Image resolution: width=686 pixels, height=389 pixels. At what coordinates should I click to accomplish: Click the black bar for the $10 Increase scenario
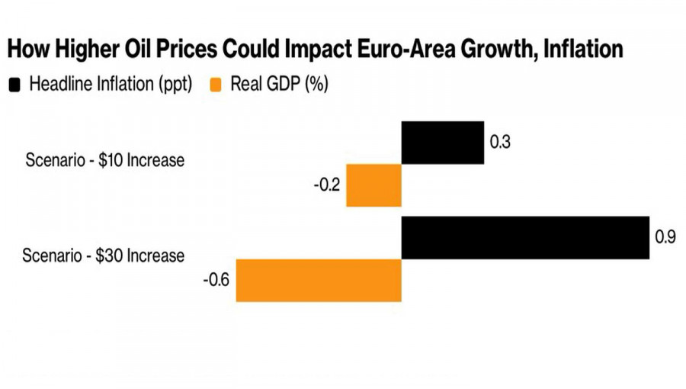click(x=442, y=143)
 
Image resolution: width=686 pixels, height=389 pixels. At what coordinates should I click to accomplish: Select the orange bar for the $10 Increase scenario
click(x=373, y=185)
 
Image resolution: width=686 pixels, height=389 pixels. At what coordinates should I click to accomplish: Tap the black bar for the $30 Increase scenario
click(x=525, y=238)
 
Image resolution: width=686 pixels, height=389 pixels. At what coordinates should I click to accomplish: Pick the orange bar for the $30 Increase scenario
click(x=319, y=281)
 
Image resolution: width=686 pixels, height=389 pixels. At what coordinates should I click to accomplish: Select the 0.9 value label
click(x=665, y=237)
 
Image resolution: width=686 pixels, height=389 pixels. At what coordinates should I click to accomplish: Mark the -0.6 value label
click(x=216, y=281)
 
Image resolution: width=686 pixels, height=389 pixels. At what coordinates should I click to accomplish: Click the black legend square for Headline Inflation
click(x=14, y=84)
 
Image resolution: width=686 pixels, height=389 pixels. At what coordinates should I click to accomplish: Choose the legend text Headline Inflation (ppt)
click(x=111, y=84)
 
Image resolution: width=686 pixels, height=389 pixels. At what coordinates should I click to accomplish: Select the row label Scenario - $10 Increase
click(x=104, y=161)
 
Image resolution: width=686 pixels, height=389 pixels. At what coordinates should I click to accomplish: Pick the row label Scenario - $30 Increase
click(x=104, y=255)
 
